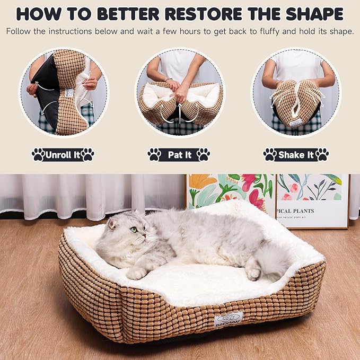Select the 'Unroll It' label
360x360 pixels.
[63, 155]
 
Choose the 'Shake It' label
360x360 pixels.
[296, 155]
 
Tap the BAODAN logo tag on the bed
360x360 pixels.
[229, 319]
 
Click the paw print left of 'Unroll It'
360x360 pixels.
[38, 155]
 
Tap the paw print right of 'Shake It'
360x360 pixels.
[322, 155]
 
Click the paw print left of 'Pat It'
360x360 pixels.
[154, 155]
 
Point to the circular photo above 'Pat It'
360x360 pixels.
[179, 93]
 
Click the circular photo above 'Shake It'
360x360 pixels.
[295, 93]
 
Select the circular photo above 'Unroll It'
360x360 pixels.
[63, 93]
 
